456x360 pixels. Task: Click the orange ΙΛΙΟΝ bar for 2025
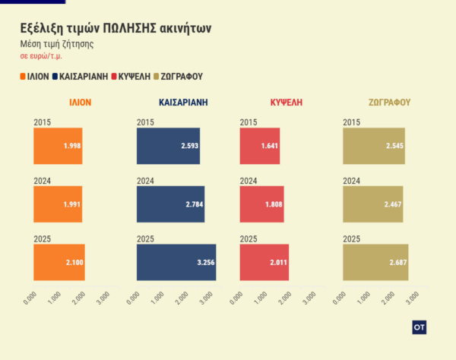tap(59, 262)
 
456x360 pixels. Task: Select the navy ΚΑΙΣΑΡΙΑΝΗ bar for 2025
tap(176, 262)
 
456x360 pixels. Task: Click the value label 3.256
tap(204, 263)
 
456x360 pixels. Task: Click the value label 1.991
tap(72, 204)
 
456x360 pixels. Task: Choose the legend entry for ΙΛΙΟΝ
tap(34, 77)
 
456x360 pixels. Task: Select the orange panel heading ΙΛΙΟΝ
tap(81, 102)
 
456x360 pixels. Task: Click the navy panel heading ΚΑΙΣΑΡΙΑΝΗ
tap(183, 102)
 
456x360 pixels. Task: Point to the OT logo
tap(419, 327)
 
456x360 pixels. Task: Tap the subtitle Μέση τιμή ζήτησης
tap(56, 44)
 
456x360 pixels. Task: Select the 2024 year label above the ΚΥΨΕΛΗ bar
tap(249, 181)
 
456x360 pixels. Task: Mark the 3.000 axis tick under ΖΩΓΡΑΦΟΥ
tap(414, 298)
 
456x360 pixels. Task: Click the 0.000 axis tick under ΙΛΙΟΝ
tap(30, 298)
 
